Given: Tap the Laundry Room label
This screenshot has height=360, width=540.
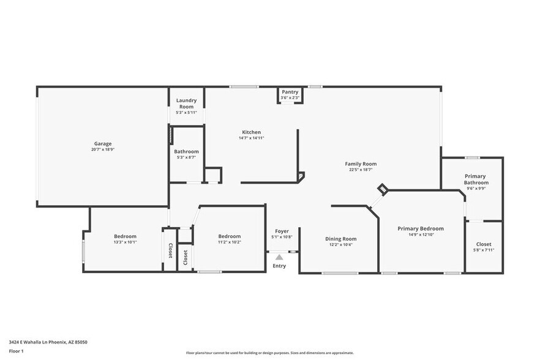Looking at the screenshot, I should point(186,103).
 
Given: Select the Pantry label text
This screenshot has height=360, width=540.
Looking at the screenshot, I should point(290,92).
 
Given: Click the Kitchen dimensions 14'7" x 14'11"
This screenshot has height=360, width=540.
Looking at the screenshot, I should point(252,138).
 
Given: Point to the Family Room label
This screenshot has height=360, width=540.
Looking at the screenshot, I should point(361,163).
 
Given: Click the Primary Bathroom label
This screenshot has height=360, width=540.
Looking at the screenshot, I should point(476,179).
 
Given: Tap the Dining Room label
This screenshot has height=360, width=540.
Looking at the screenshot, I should point(340,239).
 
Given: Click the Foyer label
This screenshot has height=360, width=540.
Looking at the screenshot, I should point(282,231).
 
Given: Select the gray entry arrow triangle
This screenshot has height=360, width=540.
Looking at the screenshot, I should point(279,257).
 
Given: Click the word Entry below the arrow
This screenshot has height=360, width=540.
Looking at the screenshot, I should point(279,266).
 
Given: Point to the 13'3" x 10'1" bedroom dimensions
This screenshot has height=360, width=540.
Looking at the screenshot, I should point(125,242).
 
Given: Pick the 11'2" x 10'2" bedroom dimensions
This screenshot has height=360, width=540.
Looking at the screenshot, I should point(230,242).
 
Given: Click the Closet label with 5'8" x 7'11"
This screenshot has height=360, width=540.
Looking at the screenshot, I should point(483,244).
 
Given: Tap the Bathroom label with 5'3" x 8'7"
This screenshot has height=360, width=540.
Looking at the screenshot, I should point(186,151).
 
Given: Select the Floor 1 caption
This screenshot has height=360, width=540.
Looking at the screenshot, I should point(17,351).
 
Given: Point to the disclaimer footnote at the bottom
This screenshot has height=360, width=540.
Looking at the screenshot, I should point(269,353).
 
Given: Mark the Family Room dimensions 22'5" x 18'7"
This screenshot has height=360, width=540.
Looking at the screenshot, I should point(361,170).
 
